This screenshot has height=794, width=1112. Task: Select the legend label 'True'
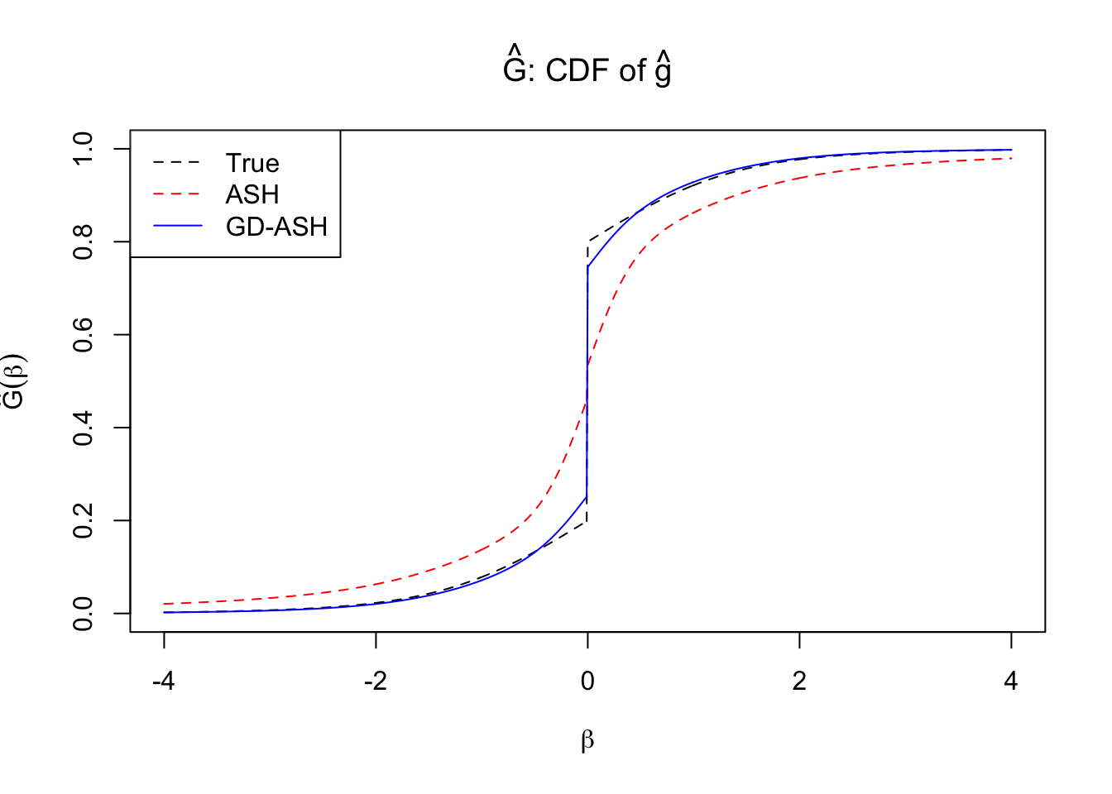pyautogui.click(x=252, y=163)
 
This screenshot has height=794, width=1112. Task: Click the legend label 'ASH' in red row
pyautogui.click(x=252, y=194)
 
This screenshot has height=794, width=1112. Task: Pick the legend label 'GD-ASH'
pyautogui.click(x=276, y=227)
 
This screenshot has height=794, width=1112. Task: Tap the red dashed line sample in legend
pyautogui.click(x=177, y=194)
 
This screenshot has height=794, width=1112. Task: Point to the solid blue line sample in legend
pyautogui.click(x=177, y=226)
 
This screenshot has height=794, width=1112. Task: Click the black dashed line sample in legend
pyautogui.click(x=177, y=163)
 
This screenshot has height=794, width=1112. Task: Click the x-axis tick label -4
pyautogui.click(x=164, y=682)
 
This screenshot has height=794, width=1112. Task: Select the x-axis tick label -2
pyautogui.click(x=376, y=682)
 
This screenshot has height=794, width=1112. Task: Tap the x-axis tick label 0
pyautogui.click(x=587, y=682)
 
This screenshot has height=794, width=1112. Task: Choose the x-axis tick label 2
pyautogui.click(x=799, y=682)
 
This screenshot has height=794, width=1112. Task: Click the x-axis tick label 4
pyautogui.click(x=1011, y=682)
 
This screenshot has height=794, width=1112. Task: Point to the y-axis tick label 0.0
pyautogui.click(x=84, y=614)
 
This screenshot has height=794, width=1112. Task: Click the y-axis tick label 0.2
pyautogui.click(x=84, y=521)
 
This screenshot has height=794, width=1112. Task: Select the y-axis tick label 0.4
pyautogui.click(x=84, y=428)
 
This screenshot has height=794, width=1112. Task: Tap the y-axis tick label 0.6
pyautogui.click(x=84, y=335)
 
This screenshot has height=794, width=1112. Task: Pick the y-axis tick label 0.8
pyautogui.click(x=84, y=242)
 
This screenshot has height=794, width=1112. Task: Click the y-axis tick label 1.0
pyautogui.click(x=84, y=149)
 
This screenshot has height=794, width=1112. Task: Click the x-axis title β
pyautogui.click(x=587, y=740)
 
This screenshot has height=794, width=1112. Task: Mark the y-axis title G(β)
pyautogui.click(x=15, y=381)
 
